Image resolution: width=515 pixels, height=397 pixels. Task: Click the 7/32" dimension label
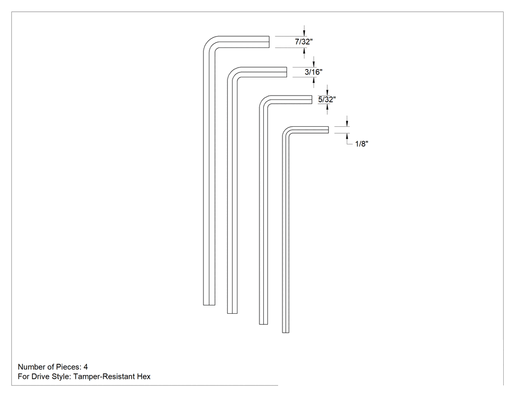304,42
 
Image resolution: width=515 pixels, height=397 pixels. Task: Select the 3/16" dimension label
313,72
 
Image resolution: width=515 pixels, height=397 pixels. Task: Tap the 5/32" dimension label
327,99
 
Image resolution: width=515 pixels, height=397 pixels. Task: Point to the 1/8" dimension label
361,143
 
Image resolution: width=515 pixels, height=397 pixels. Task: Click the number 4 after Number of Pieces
86,367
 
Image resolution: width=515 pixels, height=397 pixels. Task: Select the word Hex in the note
144,376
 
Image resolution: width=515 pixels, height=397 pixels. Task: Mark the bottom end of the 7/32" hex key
209,305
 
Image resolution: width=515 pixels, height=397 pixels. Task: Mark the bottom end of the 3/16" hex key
232,313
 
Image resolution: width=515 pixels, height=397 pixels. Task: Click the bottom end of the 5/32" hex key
263,324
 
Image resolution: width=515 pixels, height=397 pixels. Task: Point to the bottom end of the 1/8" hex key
286,332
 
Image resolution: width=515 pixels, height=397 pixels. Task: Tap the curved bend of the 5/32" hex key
263,99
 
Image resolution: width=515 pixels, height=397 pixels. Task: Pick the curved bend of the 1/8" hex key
285,129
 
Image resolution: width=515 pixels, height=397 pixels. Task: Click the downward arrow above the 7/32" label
304,31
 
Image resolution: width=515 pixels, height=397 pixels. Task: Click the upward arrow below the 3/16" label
314,82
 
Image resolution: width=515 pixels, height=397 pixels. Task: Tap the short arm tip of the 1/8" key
328,130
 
